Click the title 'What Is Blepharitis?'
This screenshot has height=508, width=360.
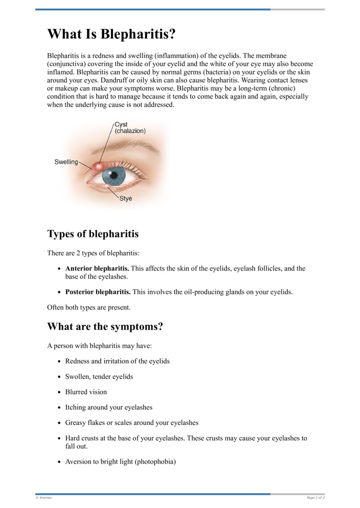point(111,35)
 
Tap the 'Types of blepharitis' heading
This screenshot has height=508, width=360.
point(93,234)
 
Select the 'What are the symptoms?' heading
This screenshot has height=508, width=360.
point(105,326)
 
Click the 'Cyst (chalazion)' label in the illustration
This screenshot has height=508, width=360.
point(130,128)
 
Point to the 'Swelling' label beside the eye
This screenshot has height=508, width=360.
point(66,162)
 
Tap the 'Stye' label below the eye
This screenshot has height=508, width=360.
point(126,198)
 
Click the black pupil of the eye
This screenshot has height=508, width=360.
point(114,174)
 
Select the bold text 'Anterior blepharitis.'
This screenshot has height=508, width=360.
point(97,268)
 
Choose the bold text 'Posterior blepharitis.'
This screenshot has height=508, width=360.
point(98,292)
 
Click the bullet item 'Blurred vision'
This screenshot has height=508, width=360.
point(86,392)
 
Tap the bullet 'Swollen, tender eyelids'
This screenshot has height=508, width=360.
point(99,376)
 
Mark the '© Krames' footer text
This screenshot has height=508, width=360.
point(44,498)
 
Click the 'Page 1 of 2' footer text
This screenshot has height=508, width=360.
point(315,498)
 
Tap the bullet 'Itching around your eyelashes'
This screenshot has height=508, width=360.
point(108,407)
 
